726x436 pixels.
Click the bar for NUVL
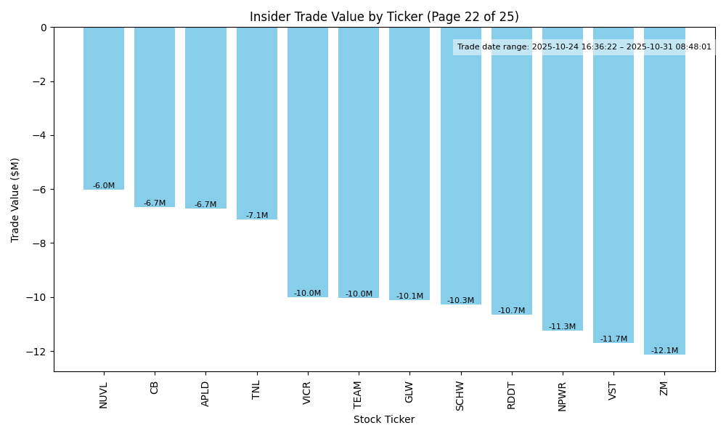104,108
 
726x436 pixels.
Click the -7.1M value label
257,216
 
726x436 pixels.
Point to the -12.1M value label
664,351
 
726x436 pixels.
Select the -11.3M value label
563,327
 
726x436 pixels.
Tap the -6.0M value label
104,186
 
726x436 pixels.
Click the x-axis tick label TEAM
359,395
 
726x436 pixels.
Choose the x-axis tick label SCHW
460,396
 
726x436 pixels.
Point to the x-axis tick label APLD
205,394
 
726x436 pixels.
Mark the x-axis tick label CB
155,388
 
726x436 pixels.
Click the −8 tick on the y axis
38,243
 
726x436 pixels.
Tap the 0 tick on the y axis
44,28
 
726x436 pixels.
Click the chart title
384,17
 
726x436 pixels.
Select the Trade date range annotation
584,47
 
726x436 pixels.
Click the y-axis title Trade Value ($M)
15,200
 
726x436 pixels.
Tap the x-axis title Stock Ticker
384,420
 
